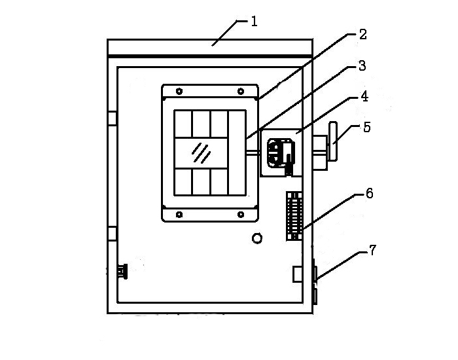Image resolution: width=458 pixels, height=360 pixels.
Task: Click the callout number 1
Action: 254,22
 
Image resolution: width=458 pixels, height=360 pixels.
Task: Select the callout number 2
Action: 362,35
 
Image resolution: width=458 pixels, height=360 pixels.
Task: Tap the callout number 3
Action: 362,66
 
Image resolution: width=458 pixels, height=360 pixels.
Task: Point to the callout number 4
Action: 364,97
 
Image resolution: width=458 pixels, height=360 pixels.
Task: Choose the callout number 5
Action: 367,127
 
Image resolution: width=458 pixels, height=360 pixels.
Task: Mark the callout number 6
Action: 370,193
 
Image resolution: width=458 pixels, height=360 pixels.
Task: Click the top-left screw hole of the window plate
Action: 179,90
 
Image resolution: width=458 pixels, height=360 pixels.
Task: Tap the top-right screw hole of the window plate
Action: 241,90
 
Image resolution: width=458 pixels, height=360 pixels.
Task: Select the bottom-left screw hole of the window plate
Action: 179,214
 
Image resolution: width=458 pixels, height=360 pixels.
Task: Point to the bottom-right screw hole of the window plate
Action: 241,214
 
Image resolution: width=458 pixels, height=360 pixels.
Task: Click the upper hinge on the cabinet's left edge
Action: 112,118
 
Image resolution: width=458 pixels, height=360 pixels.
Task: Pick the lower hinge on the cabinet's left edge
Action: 112,233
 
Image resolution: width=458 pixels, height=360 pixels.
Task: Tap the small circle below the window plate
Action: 257,239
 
